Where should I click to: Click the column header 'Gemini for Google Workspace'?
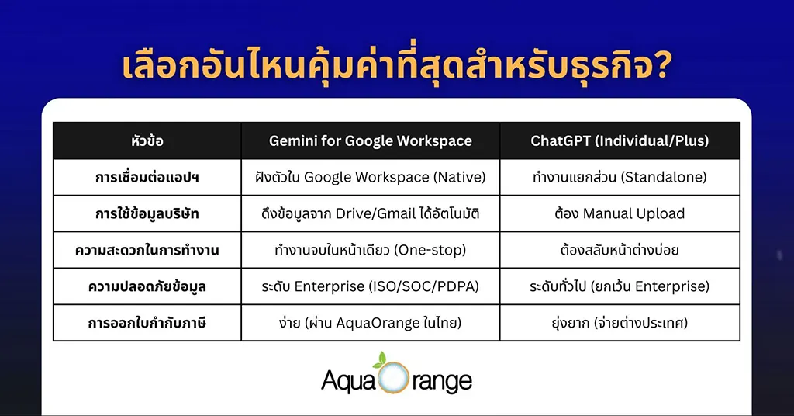coord(370,140)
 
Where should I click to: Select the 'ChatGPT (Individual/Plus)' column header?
coord(619,140)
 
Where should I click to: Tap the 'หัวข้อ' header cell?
coord(147,140)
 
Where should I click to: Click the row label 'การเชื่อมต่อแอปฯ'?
coord(147,177)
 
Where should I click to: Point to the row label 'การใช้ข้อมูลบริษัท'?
coord(147,213)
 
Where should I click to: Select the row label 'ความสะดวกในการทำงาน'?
coord(147,250)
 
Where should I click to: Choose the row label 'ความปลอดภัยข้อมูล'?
coord(147,286)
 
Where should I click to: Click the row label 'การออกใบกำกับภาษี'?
coord(147,323)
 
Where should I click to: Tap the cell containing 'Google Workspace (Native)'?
coord(370,177)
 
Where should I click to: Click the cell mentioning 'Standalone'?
coord(619,177)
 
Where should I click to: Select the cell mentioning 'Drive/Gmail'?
coord(370,213)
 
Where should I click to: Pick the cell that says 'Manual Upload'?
coord(619,213)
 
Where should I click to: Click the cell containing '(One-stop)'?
coord(370,250)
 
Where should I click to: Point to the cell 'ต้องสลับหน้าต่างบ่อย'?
coord(619,250)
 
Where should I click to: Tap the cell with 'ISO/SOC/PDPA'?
coord(370,286)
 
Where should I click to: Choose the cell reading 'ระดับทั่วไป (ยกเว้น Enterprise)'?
coord(619,286)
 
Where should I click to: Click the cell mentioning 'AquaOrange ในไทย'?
coord(370,323)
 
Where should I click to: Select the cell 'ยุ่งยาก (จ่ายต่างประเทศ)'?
coord(619,323)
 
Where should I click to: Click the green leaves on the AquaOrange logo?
coord(379,359)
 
